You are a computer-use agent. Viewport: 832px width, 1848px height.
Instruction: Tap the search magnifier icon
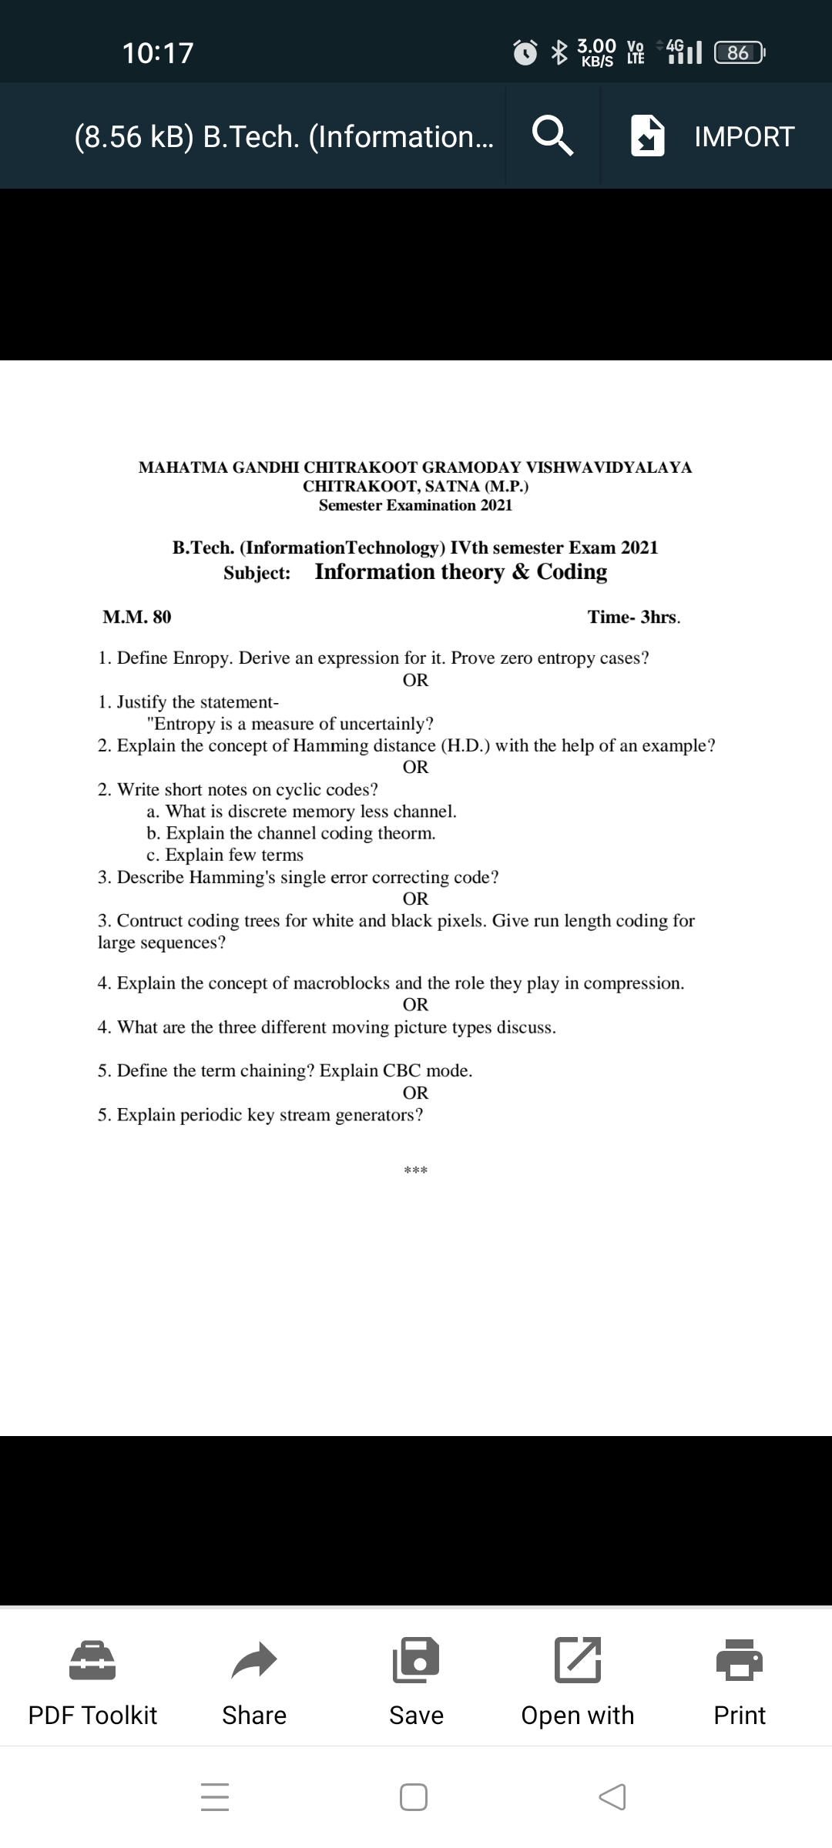coord(553,136)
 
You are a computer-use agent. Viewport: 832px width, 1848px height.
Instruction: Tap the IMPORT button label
coord(743,136)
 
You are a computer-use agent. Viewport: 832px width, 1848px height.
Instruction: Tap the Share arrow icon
coord(253,1659)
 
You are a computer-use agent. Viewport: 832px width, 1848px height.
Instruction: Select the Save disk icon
coord(416,1659)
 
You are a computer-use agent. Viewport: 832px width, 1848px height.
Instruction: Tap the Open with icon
coord(578,1659)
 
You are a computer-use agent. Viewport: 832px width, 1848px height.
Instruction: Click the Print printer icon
coord(740,1659)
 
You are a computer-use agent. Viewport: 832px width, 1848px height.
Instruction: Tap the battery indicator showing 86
coord(738,52)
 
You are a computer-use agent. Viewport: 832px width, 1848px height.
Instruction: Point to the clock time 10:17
coord(158,52)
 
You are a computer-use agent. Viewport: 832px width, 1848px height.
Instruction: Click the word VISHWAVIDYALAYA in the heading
coord(609,467)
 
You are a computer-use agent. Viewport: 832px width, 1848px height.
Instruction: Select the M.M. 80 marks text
coord(137,617)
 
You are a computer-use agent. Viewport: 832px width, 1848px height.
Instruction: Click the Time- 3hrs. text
coord(634,617)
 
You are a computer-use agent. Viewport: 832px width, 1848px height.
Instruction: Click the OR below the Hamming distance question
coord(415,767)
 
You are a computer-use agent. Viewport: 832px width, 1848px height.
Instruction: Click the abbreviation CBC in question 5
coord(401,1070)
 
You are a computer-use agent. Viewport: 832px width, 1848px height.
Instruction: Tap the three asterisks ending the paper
coord(415,1171)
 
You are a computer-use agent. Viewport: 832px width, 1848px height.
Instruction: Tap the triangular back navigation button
coord(612,1797)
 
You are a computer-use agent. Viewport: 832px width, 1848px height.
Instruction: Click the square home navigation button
coord(414,1797)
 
